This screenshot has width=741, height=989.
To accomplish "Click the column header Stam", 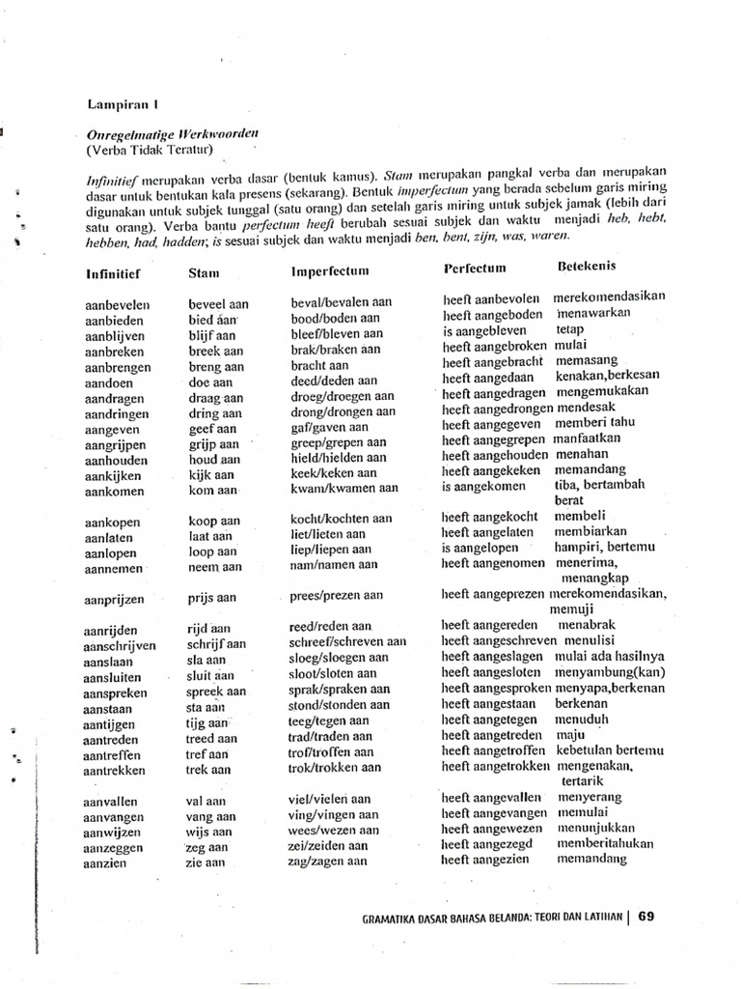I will click(x=205, y=273).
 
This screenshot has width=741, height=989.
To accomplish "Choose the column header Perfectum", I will click(x=475, y=268).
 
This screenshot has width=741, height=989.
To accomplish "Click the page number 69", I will click(x=646, y=918).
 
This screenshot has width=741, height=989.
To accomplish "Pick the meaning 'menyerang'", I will click(x=590, y=798).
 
